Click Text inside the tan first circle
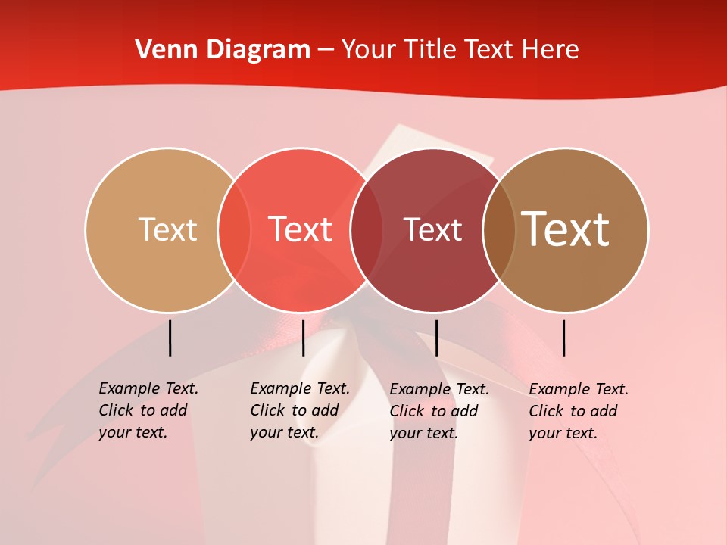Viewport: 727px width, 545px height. pos(167,229)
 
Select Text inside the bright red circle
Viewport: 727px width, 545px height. pos(300,229)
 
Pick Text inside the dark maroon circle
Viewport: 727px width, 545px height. pos(432,229)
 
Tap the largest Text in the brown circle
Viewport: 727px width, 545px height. pos(566,229)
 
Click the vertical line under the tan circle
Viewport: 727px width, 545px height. pos(170,338)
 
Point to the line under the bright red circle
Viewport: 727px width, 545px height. pos(303,338)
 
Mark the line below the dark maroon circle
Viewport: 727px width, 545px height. pos(436,338)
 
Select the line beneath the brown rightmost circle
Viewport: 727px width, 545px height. pos(564,338)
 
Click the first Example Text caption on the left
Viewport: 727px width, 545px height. pos(148,410)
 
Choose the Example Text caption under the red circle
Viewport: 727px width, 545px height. pos(299,410)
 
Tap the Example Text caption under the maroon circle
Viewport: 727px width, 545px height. pos(438,411)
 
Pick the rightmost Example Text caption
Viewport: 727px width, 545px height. pos(578,411)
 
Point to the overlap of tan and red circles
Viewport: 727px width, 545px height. pos(234,230)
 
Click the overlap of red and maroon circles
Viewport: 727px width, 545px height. pos(366,230)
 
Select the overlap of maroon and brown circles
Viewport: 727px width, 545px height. pos(498,230)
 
